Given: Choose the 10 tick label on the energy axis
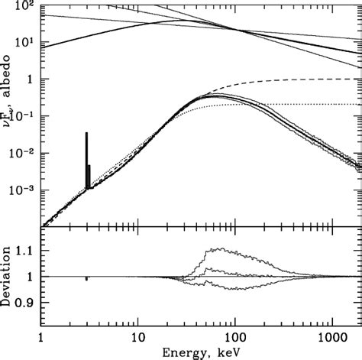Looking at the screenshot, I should (x=137, y=336).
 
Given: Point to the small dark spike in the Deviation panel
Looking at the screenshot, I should (x=86, y=279).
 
